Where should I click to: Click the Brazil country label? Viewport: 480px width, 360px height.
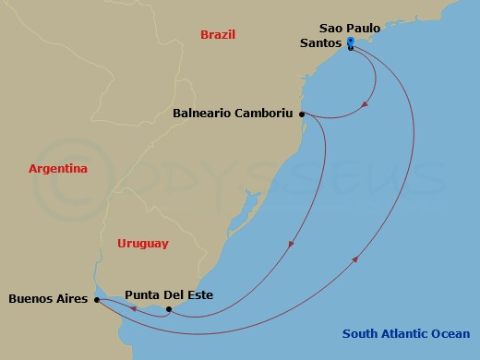tap(218, 35)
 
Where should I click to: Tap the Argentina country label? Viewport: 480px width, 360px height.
tap(58, 169)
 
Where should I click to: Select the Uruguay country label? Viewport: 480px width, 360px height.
tap(143, 243)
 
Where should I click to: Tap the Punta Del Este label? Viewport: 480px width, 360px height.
tap(169, 295)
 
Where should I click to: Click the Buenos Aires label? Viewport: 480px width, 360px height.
tap(47, 299)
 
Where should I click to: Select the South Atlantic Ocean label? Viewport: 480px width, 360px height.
tap(405, 334)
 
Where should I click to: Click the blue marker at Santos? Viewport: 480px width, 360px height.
tap(351, 43)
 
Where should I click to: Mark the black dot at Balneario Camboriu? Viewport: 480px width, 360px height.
tap(303, 114)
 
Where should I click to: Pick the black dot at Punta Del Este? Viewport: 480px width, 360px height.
tap(168, 309)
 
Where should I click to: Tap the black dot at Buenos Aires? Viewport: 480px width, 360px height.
tap(97, 299)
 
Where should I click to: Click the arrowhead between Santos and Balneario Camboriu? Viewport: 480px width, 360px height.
tap(366, 104)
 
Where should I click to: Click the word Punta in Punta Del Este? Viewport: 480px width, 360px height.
tap(143, 295)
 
